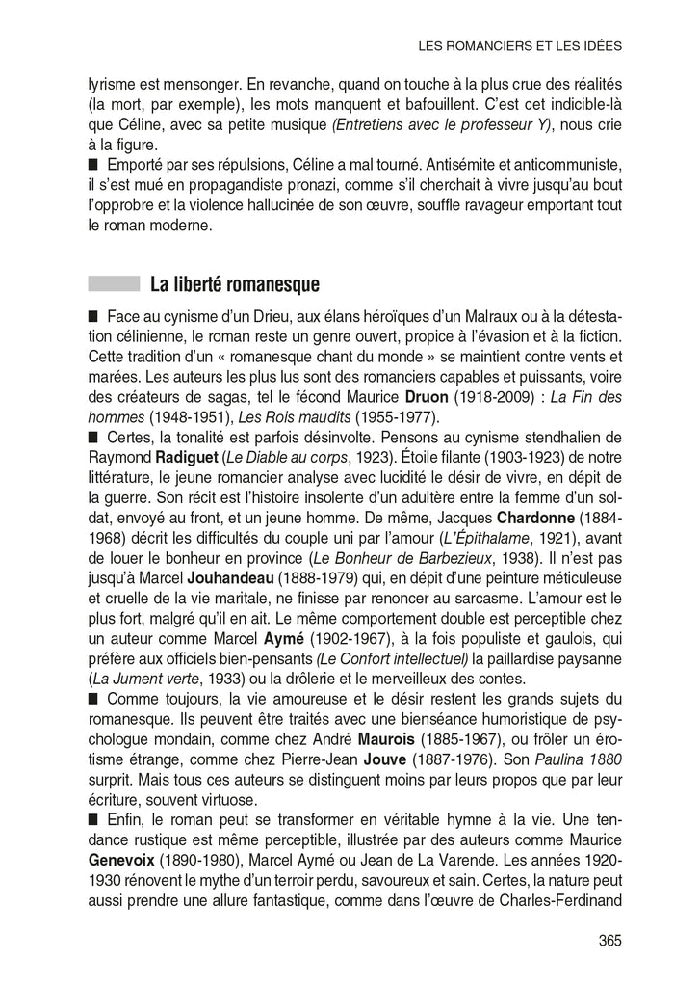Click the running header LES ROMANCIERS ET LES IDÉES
(521, 45)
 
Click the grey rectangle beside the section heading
(114, 284)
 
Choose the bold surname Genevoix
(127, 858)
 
